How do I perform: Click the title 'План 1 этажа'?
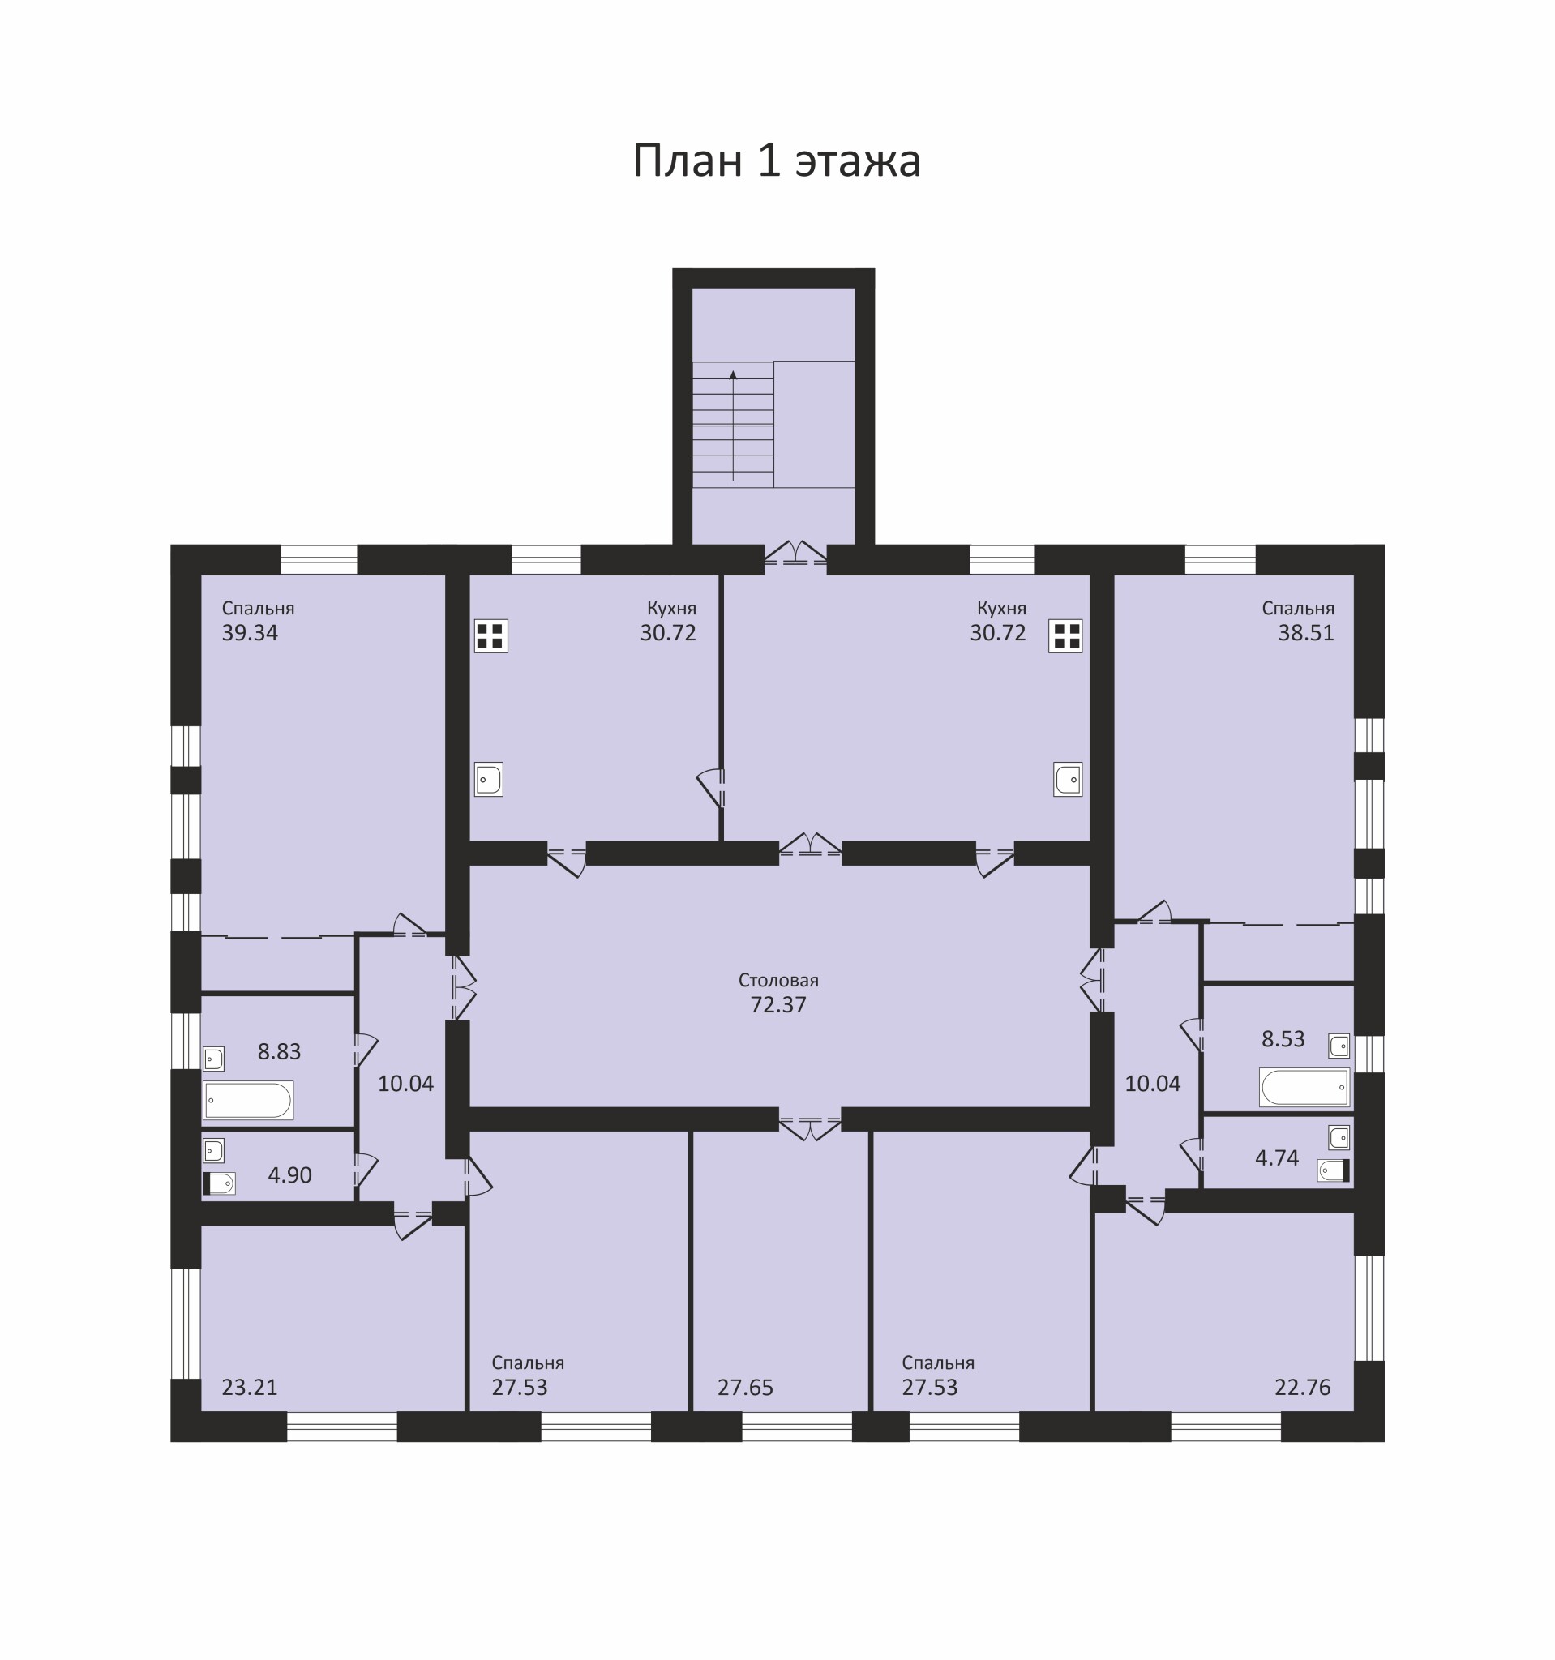[777, 160]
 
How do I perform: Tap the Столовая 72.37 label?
[778, 993]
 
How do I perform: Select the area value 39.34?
[250, 633]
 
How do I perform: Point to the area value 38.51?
[1306, 633]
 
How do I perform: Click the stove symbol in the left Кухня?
[491, 636]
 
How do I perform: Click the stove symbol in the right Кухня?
[1065, 636]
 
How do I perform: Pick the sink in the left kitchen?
[489, 779]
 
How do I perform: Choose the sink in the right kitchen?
[1068, 779]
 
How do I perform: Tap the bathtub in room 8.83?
[248, 1101]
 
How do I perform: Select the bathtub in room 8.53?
[1304, 1087]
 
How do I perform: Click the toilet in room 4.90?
[220, 1183]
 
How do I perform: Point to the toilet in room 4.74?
[1334, 1170]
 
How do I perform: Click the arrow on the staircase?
[733, 425]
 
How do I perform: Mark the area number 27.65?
[745, 1388]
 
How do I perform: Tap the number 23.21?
[250, 1387]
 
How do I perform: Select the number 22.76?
[1303, 1387]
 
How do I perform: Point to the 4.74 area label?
[1277, 1157]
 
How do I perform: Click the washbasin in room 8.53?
[1339, 1046]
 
